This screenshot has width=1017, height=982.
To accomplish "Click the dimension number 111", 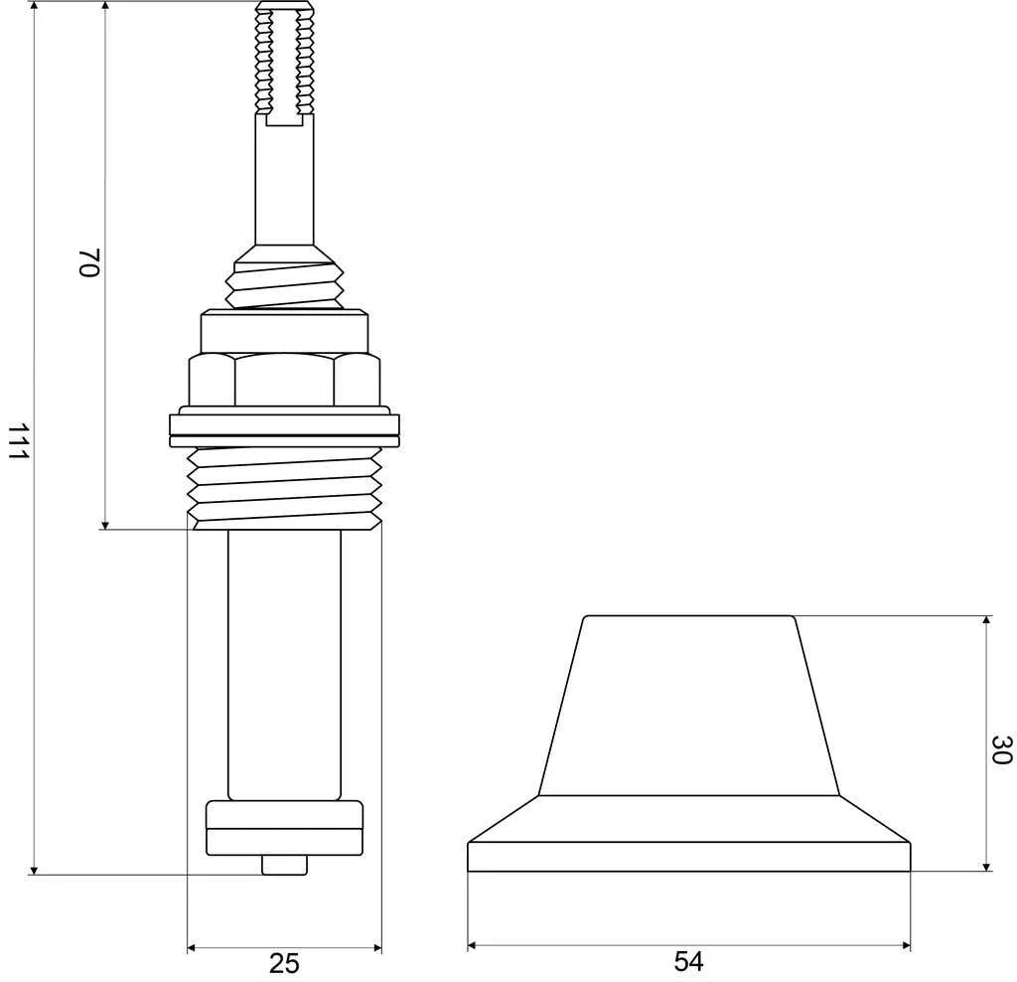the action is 18,441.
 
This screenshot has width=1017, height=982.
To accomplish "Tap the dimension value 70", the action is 88,262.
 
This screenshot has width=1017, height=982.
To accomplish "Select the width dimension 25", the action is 284,963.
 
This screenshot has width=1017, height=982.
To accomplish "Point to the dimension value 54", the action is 689,961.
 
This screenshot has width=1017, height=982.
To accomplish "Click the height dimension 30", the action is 1001,749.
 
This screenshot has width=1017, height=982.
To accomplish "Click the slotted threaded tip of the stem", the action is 285,63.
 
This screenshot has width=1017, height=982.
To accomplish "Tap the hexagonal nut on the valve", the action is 284,380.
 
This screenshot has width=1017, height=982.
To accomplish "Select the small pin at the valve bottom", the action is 284,865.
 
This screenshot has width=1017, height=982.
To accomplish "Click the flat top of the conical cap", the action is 689,616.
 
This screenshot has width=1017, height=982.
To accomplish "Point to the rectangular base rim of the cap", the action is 689,857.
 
